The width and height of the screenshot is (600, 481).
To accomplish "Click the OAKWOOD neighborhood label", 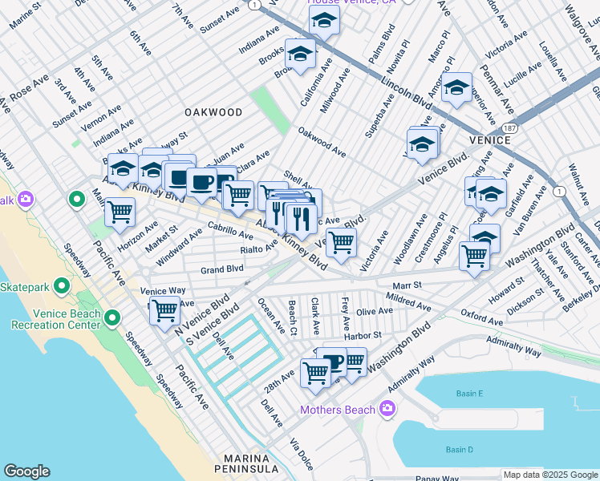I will [213, 112].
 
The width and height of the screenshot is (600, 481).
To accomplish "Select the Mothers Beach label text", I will [337, 410].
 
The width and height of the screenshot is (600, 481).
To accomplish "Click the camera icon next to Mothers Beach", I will [387, 410].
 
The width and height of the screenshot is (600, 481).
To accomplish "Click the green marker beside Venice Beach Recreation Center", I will [112, 319].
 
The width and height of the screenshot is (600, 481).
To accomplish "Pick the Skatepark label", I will [26, 286].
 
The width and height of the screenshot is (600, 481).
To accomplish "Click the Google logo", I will [26, 471].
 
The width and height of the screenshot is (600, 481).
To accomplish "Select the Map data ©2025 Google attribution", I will [549, 475].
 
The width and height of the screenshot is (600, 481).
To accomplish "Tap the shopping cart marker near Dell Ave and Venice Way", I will [165, 309].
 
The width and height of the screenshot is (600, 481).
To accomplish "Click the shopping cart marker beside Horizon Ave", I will [120, 212].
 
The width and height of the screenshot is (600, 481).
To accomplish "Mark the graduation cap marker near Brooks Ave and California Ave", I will [300, 55].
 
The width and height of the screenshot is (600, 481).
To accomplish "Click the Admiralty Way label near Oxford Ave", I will [514, 346].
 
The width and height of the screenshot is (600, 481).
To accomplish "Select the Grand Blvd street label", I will [222, 269].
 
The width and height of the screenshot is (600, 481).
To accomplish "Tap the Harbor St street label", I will [363, 335].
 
